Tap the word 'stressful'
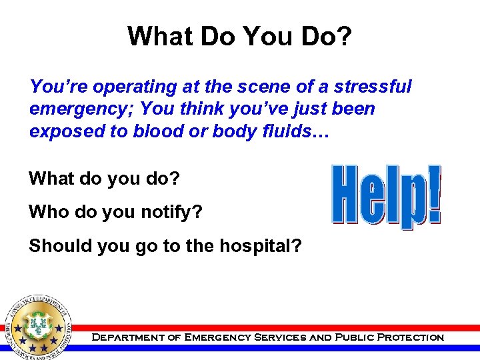tap(373, 87)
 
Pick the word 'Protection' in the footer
tap(410, 337)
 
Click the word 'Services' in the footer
tap(277, 337)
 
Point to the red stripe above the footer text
tap(267, 328)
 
